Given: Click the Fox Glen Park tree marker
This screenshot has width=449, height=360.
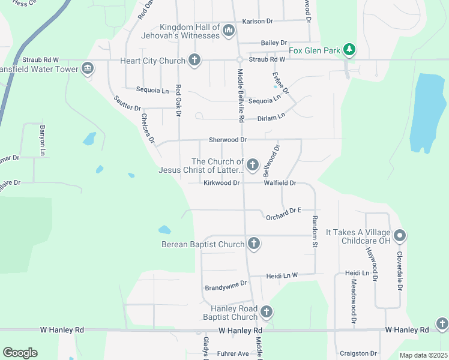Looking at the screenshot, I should (349, 49).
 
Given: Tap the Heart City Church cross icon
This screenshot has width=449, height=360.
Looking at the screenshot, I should (194, 59).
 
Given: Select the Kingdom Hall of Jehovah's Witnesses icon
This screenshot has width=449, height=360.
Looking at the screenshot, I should (228, 30).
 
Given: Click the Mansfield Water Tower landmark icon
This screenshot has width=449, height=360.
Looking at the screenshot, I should (88, 68).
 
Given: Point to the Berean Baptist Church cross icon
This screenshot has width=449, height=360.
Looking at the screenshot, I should (254, 243).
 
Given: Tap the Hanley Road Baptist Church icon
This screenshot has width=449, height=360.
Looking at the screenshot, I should (267, 311).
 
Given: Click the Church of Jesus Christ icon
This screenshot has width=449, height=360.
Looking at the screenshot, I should (253, 164).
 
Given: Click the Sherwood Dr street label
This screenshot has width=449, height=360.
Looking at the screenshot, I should (228, 140).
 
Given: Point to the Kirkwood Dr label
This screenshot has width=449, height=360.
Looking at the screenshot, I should (221, 182).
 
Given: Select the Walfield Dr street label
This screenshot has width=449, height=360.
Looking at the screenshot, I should (280, 182).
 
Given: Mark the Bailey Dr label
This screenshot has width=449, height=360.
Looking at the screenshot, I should (275, 43).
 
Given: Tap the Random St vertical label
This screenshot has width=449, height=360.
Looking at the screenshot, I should (314, 232).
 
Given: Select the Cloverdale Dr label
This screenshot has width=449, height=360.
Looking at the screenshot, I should (399, 271).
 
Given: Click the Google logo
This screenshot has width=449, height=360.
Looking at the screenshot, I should (20, 353).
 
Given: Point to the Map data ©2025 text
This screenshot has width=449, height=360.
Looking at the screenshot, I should (423, 355).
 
